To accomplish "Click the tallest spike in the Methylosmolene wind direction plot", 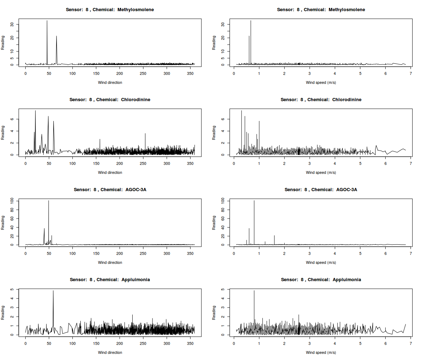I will (x=47, y=21).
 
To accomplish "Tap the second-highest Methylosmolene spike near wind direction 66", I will (x=57, y=36).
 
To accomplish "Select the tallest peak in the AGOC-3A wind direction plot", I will (x=49, y=201).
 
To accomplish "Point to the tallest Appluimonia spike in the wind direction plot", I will (x=53, y=291).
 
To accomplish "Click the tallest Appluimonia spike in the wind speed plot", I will (x=254, y=291).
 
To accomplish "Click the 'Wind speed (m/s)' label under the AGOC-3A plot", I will (x=321, y=262).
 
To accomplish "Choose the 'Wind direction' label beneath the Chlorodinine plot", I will (x=110, y=172).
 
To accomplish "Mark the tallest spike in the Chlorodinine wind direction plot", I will (x=35, y=111).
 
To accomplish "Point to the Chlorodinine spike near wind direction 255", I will (x=145, y=134).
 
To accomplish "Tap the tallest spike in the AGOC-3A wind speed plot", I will (x=254, y=201).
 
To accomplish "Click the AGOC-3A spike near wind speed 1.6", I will (x=274, y=236).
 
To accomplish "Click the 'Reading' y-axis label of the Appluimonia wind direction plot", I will (x=3, y=312).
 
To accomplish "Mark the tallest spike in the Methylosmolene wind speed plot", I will (x=251, y=21).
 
